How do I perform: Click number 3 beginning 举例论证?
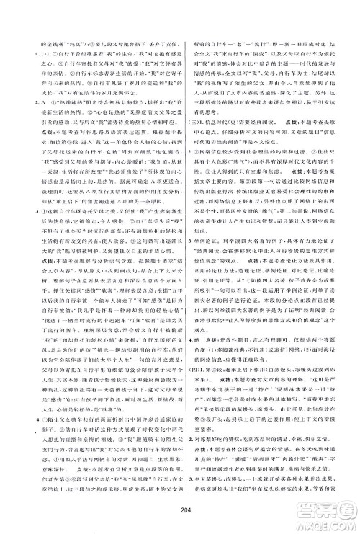click(194, 275)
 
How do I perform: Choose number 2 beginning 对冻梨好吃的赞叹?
click(194, 436)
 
